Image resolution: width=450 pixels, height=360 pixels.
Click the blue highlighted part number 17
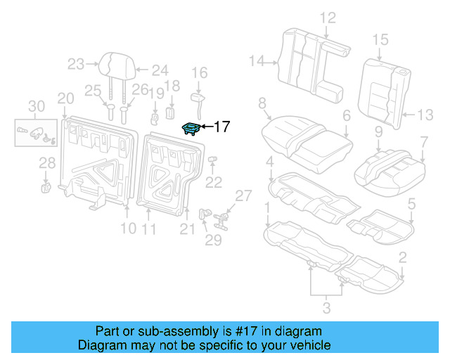(191, 127)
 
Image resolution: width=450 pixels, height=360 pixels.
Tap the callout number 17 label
(221, 127)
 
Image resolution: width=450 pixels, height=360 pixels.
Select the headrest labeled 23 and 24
(112, 64)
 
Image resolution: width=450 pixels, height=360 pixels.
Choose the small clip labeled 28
(46, 186)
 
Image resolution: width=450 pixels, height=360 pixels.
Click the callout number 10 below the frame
(127, 228)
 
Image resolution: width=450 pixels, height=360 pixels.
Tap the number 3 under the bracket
(326, 306)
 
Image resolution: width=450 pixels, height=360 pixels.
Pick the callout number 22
(213, 182)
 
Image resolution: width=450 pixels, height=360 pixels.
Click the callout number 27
(242, 195)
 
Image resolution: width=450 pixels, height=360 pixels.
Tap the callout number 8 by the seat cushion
(262, 103)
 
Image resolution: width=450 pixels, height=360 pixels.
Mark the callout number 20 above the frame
(65, 98)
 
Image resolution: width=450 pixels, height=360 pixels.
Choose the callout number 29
(213, 240)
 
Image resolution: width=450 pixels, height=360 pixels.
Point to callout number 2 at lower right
(401, 257)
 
